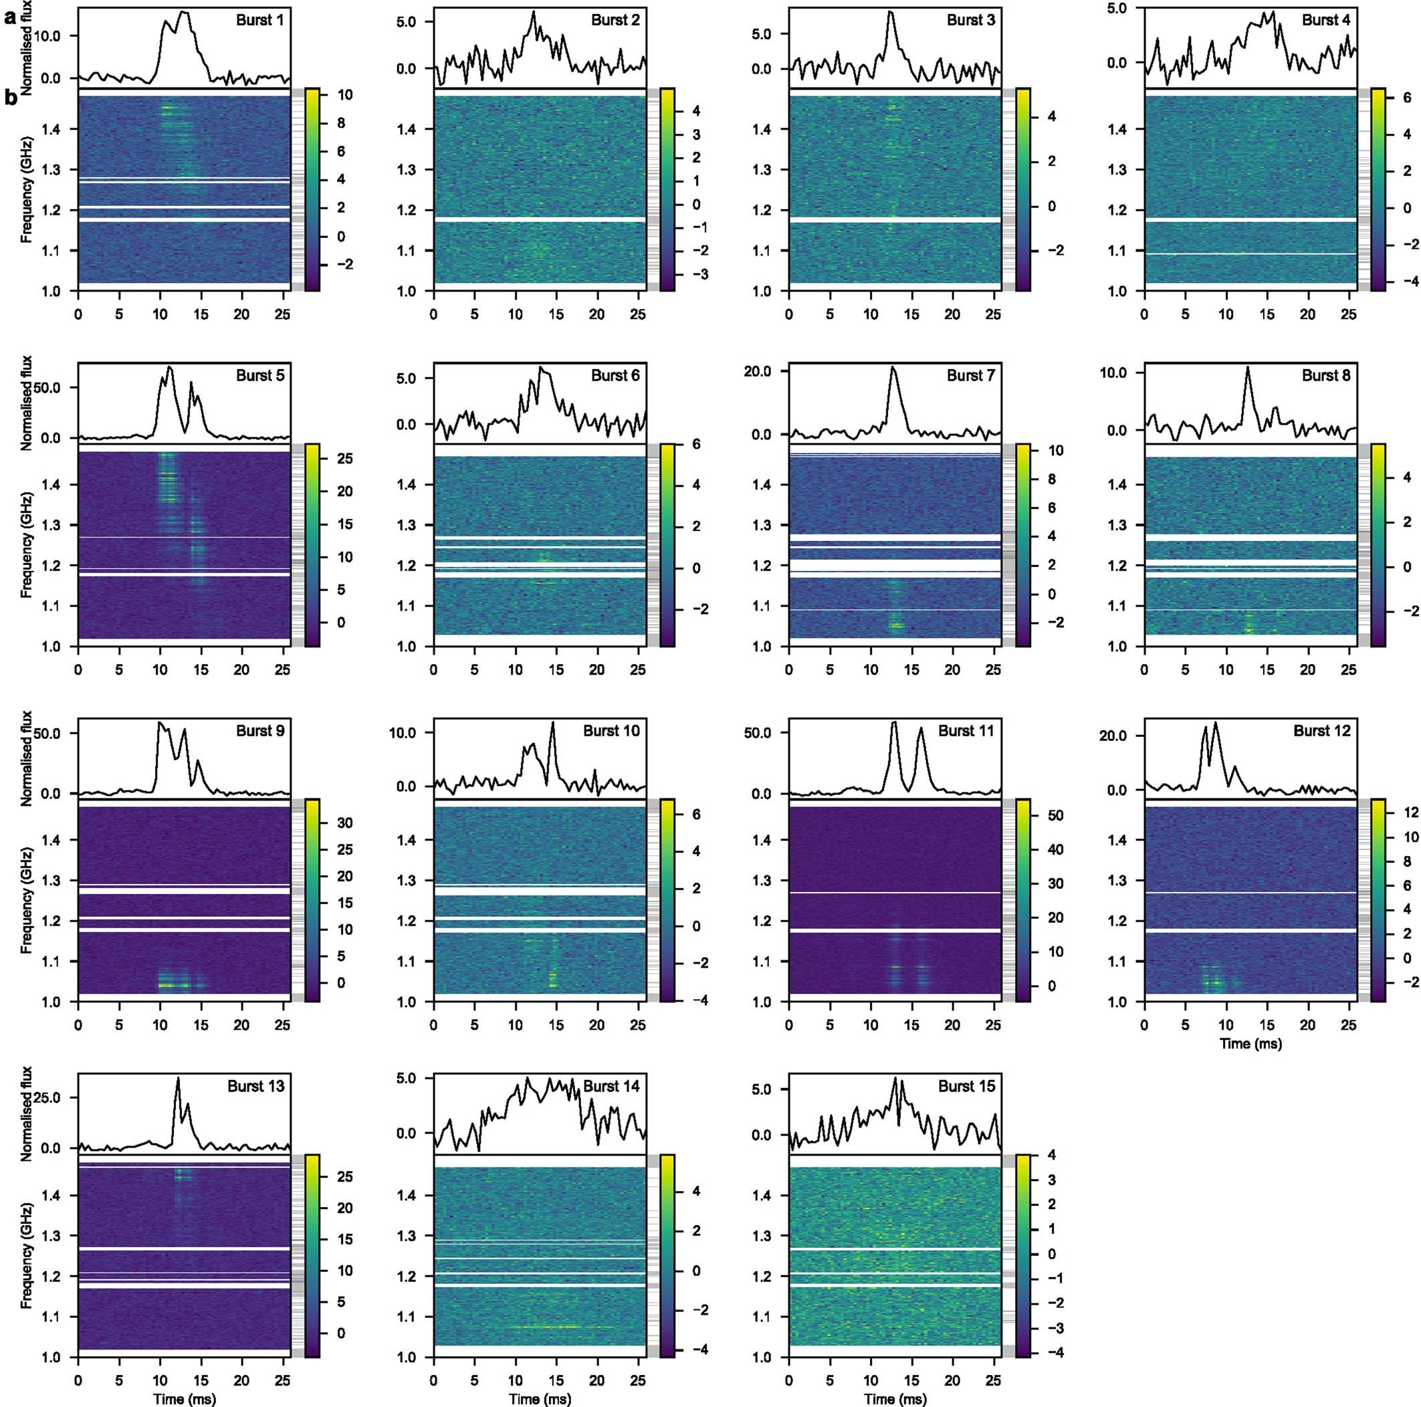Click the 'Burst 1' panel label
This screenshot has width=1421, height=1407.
pyautogui.click(x=259, y=21)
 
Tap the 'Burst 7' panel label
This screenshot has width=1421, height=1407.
pyautogui.click(x=970, y=376)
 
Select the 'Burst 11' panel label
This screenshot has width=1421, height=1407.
pyautogui.click(x=966, y=731)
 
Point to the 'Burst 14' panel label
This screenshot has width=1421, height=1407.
pyautogui.click(x=611, y=1086)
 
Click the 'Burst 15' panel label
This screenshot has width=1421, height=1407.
pyautogui.click(x=966, y=1086)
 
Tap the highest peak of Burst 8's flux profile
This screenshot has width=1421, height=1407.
pyautogui.click(x=1247, y=367)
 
